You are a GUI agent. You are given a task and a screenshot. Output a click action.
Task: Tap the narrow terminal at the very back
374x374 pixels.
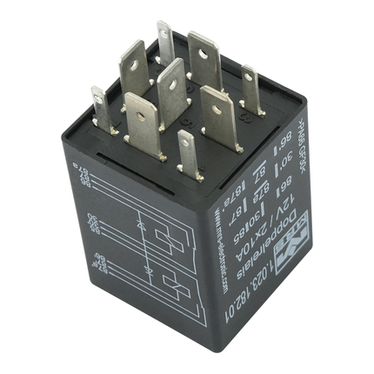click(x=165, y=43)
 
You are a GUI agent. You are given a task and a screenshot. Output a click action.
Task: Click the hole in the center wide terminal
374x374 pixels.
click(x=171, y=83)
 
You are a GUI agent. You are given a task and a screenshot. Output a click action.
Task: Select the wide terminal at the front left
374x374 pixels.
click(x=142, y=123)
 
